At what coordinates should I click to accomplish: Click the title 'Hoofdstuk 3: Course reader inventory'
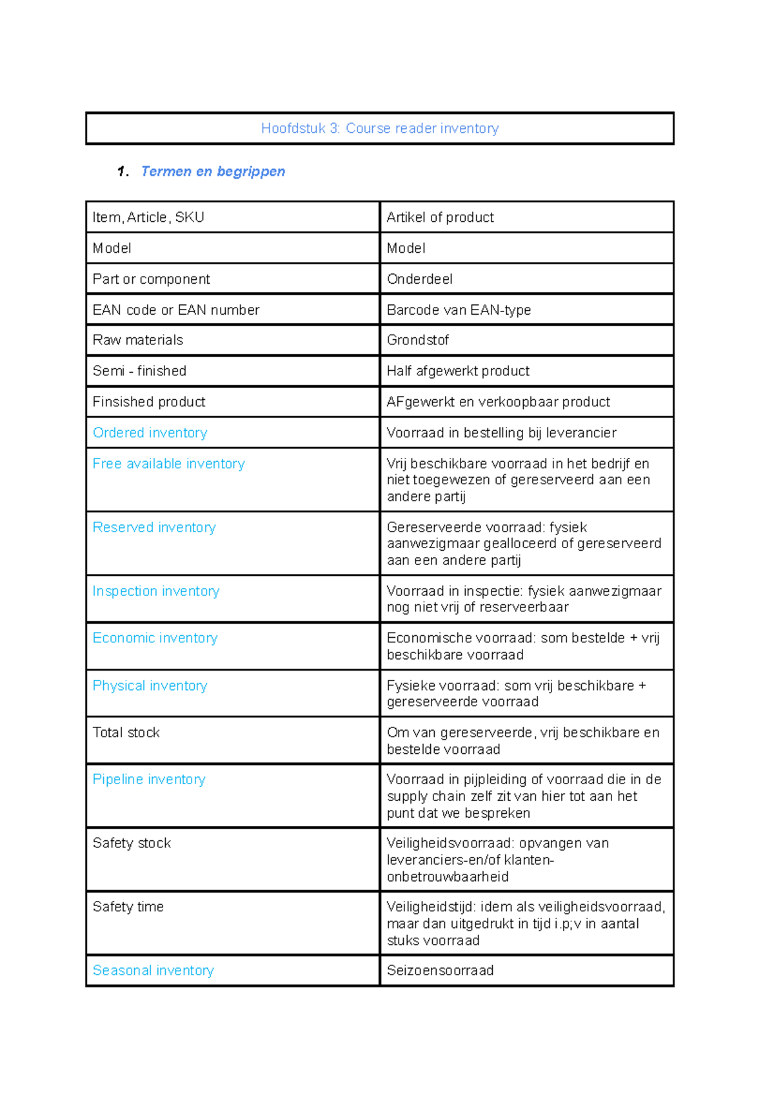(x=379, y=128)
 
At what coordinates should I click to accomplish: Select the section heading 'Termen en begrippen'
(x=213, y=172)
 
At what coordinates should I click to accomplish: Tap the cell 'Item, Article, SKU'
(x=148, y=217)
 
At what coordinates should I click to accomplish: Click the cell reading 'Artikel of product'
(x=440, y=217)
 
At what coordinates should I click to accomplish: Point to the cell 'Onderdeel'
(x=419, y=279)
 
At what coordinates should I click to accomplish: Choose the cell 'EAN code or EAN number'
(x=175, y=310)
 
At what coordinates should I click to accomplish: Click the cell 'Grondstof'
(x=417, y=340)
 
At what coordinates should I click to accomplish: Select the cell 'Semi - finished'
(x=139, y=371)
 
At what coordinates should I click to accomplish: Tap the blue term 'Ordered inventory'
(x=150, y=433)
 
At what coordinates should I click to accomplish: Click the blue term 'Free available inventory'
(x=168, y=464)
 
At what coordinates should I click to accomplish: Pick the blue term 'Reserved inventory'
(x=154, y=528)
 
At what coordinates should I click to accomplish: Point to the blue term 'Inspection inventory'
(x=155, y=591)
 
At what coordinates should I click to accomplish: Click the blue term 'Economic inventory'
(x=155, y=638)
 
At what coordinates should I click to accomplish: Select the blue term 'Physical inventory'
(x=150, y=686)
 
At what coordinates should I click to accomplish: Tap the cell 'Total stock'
(x=126, y=733)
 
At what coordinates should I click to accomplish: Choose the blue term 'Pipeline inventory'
(x=149, y=779)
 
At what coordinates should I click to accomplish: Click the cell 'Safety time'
(x=128, y=907)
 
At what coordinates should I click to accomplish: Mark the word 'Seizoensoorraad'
(x=440, y=971)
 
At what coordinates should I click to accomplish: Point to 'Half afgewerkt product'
(x=458, y=371)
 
